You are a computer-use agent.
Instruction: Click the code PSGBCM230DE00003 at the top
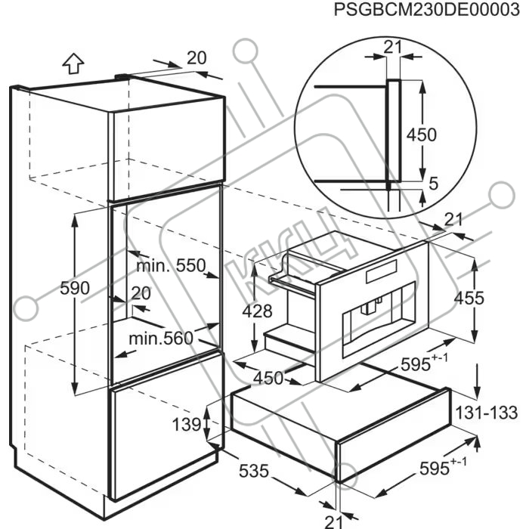tap(427, 9)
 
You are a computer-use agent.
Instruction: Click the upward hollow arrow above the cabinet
tap(73, 64)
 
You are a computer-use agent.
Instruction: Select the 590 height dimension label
tap(75, 289)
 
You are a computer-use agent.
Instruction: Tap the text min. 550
tap(171, 266)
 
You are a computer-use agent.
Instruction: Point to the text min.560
tap(161, 338)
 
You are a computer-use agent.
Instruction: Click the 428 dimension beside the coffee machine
tap(257, 311)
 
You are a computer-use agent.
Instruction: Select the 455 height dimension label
tap(469, 299)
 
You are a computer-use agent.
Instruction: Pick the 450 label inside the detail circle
tap(422, 135)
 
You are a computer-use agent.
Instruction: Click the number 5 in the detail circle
tap(433, 184)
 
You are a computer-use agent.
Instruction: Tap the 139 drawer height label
tap(187, 424)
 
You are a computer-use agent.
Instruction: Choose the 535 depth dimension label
tap(254, 471)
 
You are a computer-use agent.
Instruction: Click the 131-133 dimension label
tap(486, 413)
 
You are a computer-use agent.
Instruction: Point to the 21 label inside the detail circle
tap(392, 47)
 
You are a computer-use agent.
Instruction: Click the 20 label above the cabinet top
tap(196, 58)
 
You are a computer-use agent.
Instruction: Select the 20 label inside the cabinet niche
tap(141, 293)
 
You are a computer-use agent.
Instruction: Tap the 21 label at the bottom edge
tap(334, 522)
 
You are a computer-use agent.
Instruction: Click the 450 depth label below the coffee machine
tap(268, 378)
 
